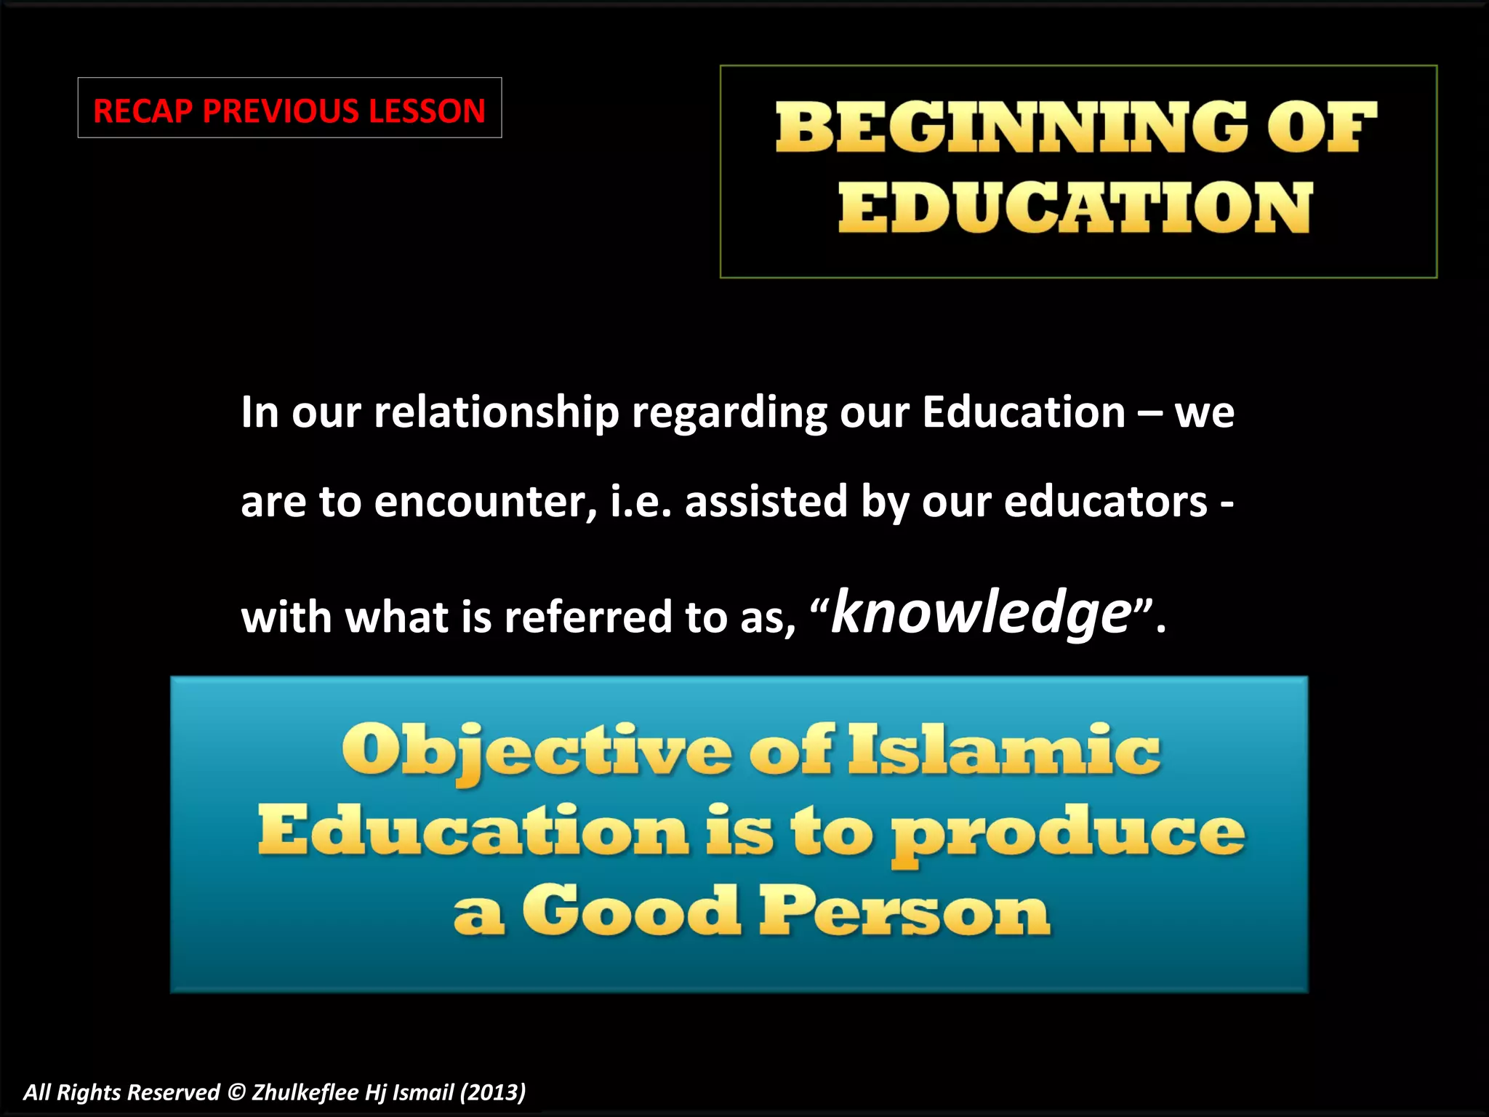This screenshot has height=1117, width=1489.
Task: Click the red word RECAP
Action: pyautogui.click(x=143, y=111)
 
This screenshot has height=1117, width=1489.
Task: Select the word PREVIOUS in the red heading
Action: pyautogui.click(x=280, y=111)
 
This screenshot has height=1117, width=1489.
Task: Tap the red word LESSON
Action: pyautogui.click(x=427, y=111)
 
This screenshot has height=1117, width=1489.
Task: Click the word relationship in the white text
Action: pyautogui.click(x=496, y=413)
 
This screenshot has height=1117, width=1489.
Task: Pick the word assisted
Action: pyautogui.click(x=766, y=502)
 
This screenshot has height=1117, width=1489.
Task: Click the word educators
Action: pyautogui.click(x=1105, y=502)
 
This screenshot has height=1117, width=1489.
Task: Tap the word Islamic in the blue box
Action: pyautogui.click(x=1004, y=750)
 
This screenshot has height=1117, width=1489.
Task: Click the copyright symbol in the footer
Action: pyautogui.click(x=236, y=1092)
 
